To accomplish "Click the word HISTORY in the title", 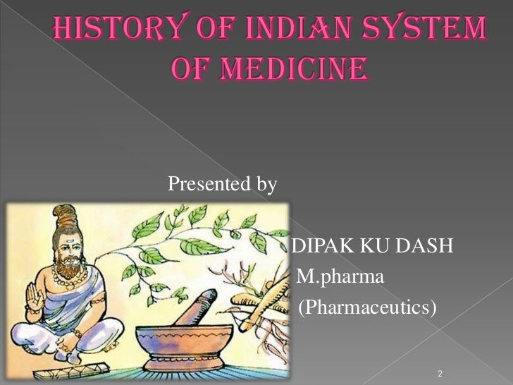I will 106,32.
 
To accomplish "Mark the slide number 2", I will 440,372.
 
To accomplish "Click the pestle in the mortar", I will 197,302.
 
